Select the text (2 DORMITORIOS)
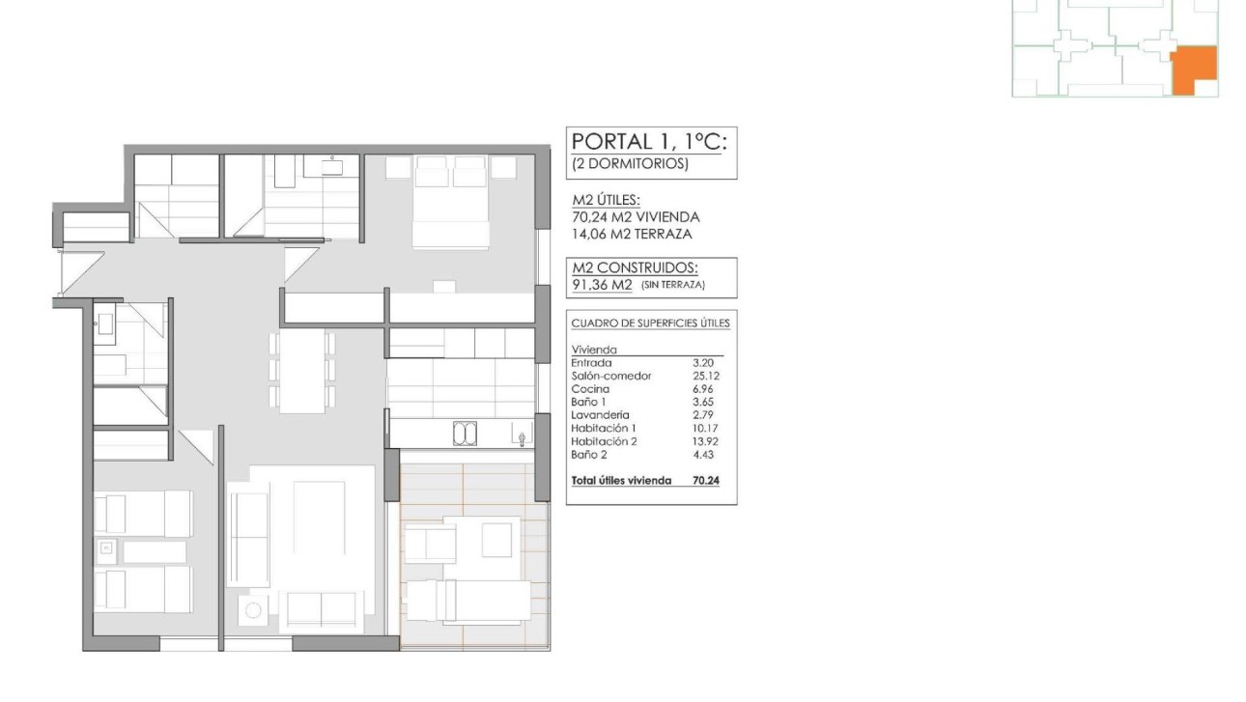[631, 164]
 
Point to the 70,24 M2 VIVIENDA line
[636, 217]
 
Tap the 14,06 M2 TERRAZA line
[632, 234]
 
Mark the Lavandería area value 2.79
[709, 415]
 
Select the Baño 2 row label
[589, 454]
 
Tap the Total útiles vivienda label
[621, 479]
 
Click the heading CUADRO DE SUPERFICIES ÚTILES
[650, 323]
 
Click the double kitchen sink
[466, 435]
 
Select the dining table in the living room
[302, 372]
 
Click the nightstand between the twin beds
[105, 551]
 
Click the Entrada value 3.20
[709, 363]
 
